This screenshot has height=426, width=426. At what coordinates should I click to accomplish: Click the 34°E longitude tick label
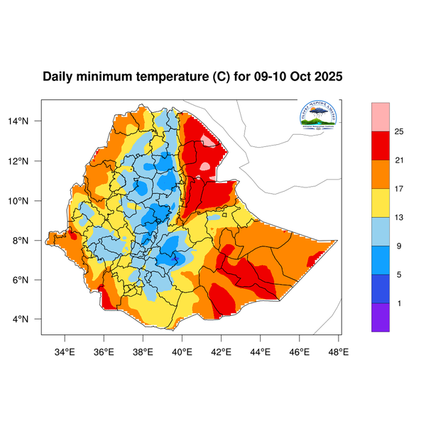[x=65, y=350]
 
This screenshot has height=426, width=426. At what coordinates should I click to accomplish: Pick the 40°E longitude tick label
[x=182, y=350]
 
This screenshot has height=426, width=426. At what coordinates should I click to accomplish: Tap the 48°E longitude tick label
[x=338, y=350]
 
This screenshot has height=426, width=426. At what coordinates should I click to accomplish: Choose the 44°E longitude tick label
[x=261, y=350]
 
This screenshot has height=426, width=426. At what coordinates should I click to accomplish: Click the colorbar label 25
[x=399, y=131]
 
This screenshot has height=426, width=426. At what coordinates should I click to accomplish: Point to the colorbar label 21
[x=399, y=160]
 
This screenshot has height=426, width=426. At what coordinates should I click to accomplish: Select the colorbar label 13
[x=399, y=217]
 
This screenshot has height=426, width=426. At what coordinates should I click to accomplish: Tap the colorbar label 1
[x=399, y=303]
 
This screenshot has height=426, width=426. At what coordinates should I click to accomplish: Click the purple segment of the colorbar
[x=381, y=317]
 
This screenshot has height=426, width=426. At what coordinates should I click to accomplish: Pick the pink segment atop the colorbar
[x=381, y=116]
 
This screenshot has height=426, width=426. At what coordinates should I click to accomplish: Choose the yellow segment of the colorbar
[x=381, y=202]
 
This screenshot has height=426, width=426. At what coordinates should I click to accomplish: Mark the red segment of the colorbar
[x=381, y=145]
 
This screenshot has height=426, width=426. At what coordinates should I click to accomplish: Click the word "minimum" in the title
[x=111, y=77]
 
